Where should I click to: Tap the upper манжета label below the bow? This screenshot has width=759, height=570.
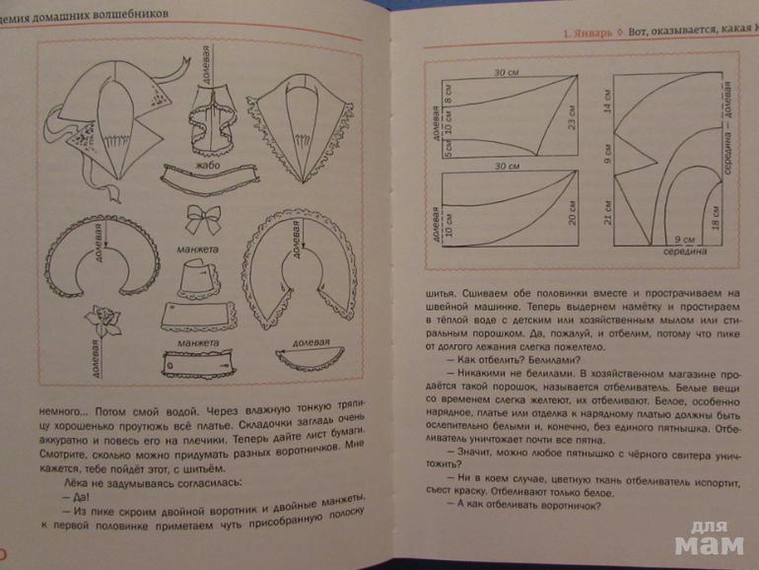(x=198, y=249)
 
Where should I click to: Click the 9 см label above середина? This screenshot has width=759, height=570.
(x=678, y=239)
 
